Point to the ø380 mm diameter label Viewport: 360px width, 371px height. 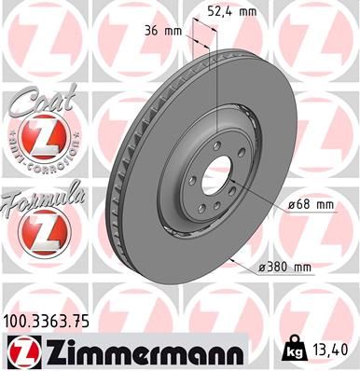coord(286,268)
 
